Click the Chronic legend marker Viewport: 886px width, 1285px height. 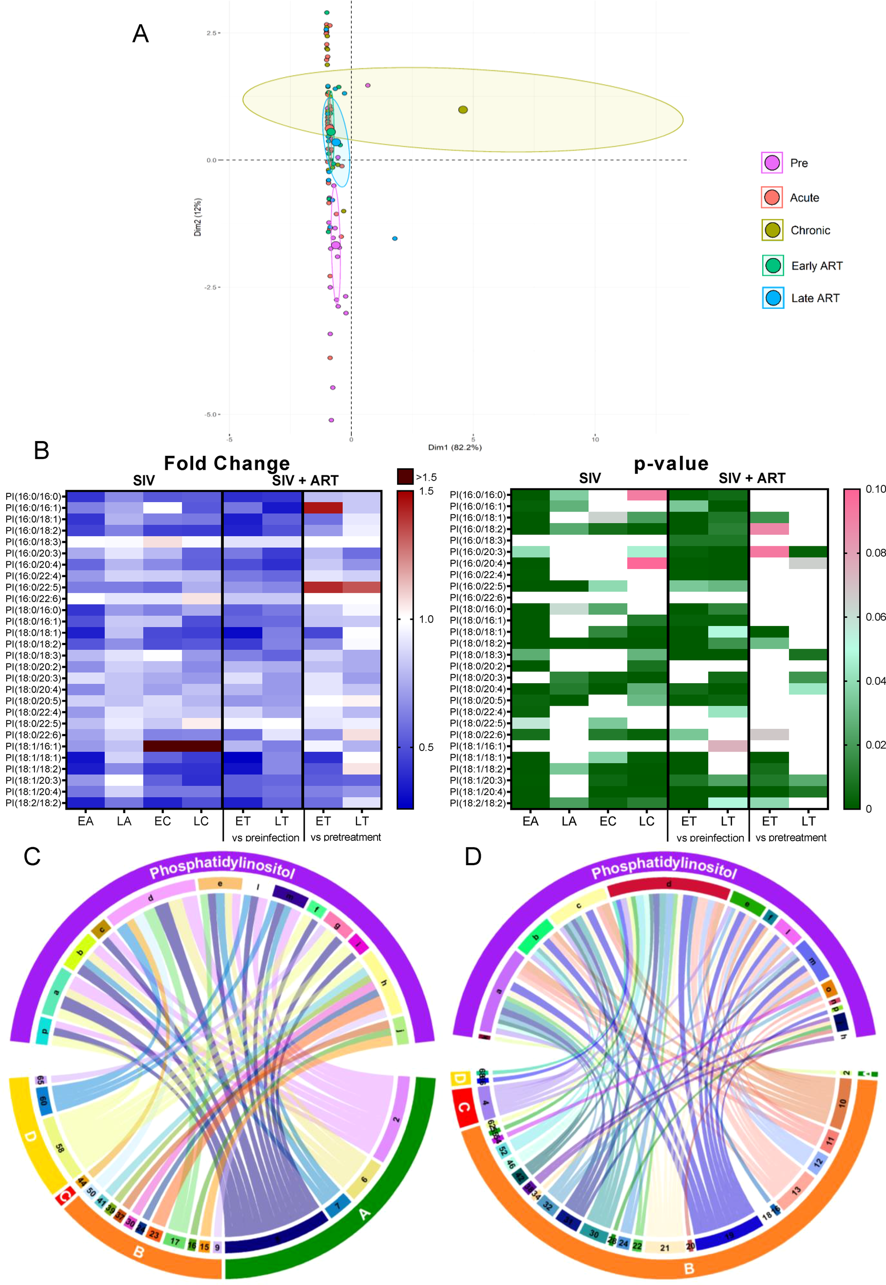[x=772, y=230]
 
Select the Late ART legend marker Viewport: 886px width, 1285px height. [x=773, y=298]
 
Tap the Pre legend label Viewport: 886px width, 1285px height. [x=798, y=163]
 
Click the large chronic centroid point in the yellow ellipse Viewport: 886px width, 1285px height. [x=463, y=109]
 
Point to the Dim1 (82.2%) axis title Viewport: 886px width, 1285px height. [x=454, y=447]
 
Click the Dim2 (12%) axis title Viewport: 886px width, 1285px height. [x=198, y=217]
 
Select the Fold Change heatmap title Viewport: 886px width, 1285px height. [x=227, y=463]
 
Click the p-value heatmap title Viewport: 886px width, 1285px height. [x=671, y=463]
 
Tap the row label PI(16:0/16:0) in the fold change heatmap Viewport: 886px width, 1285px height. [x=33, y=496]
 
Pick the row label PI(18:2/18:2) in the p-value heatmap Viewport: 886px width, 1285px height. [x=478, y=803]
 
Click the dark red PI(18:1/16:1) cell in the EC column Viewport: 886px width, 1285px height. [x=162, y=746]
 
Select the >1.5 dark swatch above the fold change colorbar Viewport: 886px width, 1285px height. [x=405, y=476]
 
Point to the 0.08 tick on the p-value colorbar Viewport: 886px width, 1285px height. [x=875, y=553]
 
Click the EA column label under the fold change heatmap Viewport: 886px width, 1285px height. [x=85, y=820]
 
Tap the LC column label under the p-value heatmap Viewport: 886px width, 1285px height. [x=646, y=820]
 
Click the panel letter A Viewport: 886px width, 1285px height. [x=140, y=34]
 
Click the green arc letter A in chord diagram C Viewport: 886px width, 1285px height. [x=365, y=1215]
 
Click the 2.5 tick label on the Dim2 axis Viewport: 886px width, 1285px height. [x=211, y=33]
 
